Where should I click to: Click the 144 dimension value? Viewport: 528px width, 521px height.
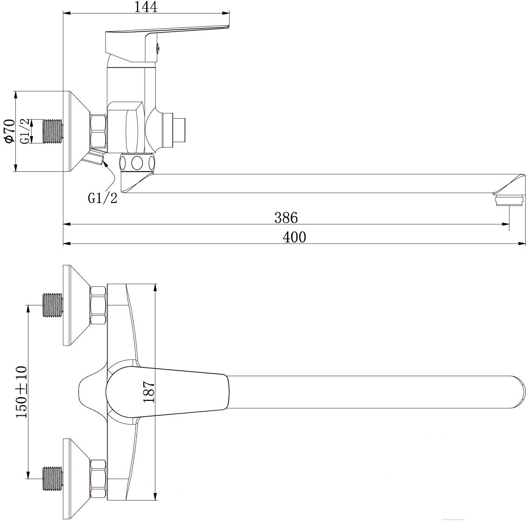(x=146, y=7)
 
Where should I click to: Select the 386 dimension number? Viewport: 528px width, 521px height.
(x=286, y=218)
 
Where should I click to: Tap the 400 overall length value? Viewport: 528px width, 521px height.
(x=294, y=237)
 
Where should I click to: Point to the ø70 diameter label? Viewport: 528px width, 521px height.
(x=10, y=130)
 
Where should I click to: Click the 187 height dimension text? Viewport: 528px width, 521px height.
(x=148, y=391)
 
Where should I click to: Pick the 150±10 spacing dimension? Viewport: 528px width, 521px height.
(x=22, y=392)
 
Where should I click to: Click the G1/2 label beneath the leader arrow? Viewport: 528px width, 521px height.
(x=102, y=198)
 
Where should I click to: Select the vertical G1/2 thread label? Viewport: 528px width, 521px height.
(x=25, y=131)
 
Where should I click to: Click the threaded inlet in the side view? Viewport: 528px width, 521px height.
(x=53, y=131)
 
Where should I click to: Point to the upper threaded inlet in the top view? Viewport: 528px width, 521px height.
(x=53, y=305)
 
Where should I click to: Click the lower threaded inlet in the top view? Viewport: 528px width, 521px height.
(x=53, y=479)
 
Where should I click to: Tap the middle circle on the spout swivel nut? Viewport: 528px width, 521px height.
(x=137, y=163)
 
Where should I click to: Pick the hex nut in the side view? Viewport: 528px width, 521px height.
(x=98, y=131)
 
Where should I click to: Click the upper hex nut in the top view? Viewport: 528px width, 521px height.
(x=98, y=305)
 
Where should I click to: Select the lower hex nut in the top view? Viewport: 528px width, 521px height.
(x=98, y=479)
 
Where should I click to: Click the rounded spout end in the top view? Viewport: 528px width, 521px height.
(x=520, y=392)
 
